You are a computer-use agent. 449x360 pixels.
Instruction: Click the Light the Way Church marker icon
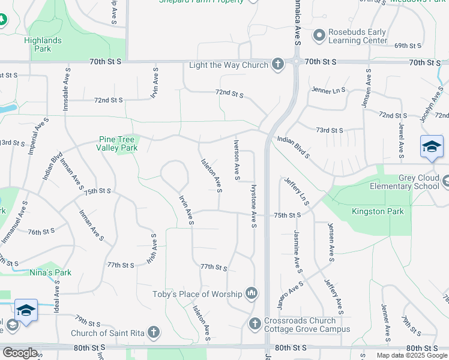point(277,64)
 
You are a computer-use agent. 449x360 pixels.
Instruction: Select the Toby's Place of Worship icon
point(251,293)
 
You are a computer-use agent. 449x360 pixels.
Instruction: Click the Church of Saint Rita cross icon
point(154,332)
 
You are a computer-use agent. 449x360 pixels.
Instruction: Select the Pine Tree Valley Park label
point(118,144)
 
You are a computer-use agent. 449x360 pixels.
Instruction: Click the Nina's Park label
point(50,272)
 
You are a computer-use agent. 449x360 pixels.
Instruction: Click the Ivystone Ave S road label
point(255,206)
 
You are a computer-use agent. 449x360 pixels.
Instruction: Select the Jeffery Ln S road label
point(297,191)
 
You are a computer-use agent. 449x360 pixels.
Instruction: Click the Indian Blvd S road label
point(294,148)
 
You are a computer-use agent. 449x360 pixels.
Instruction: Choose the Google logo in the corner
point(20,353)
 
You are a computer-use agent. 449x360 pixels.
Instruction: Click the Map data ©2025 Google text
point(412,355)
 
